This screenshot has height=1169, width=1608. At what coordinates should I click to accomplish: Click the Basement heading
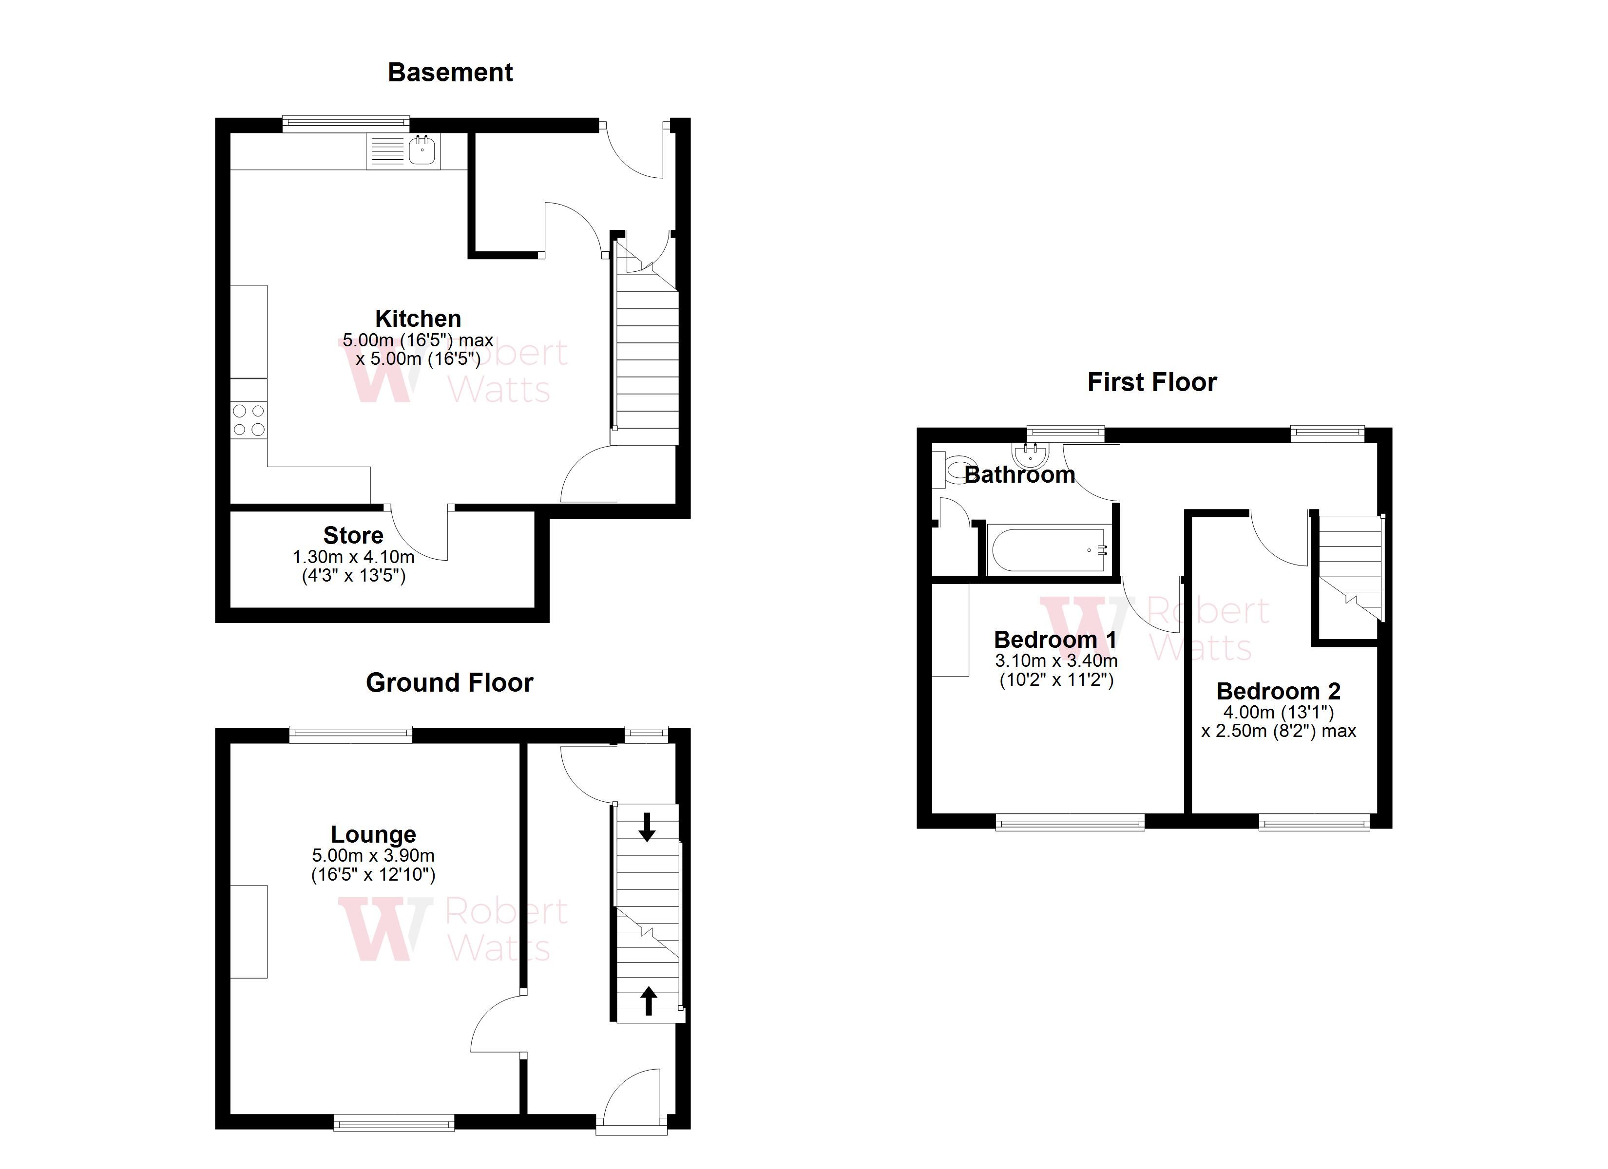tap(450, 72)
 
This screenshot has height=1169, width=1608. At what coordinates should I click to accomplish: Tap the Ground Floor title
tap(449, 683)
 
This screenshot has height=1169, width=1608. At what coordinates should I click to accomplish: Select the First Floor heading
tap(1152, 382)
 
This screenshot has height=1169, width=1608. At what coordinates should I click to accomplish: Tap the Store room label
tap(353, 535)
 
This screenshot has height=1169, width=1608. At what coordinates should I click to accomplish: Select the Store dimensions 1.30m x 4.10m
tap(353, 557)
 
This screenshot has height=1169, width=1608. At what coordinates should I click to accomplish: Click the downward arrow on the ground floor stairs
tap(647, 827)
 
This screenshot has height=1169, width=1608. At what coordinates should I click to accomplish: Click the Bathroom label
tap(1019, 474)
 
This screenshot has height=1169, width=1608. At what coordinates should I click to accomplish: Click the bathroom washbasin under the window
tap(1030, 453)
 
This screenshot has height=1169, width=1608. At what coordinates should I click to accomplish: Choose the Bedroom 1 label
tap(1055, 640)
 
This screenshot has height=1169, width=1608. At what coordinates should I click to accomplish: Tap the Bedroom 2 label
tap(1278, 691)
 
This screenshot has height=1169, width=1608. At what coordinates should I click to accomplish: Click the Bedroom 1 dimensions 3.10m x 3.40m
tap(1056, 660)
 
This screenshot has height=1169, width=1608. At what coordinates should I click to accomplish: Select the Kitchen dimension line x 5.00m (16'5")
tap(418, 358)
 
